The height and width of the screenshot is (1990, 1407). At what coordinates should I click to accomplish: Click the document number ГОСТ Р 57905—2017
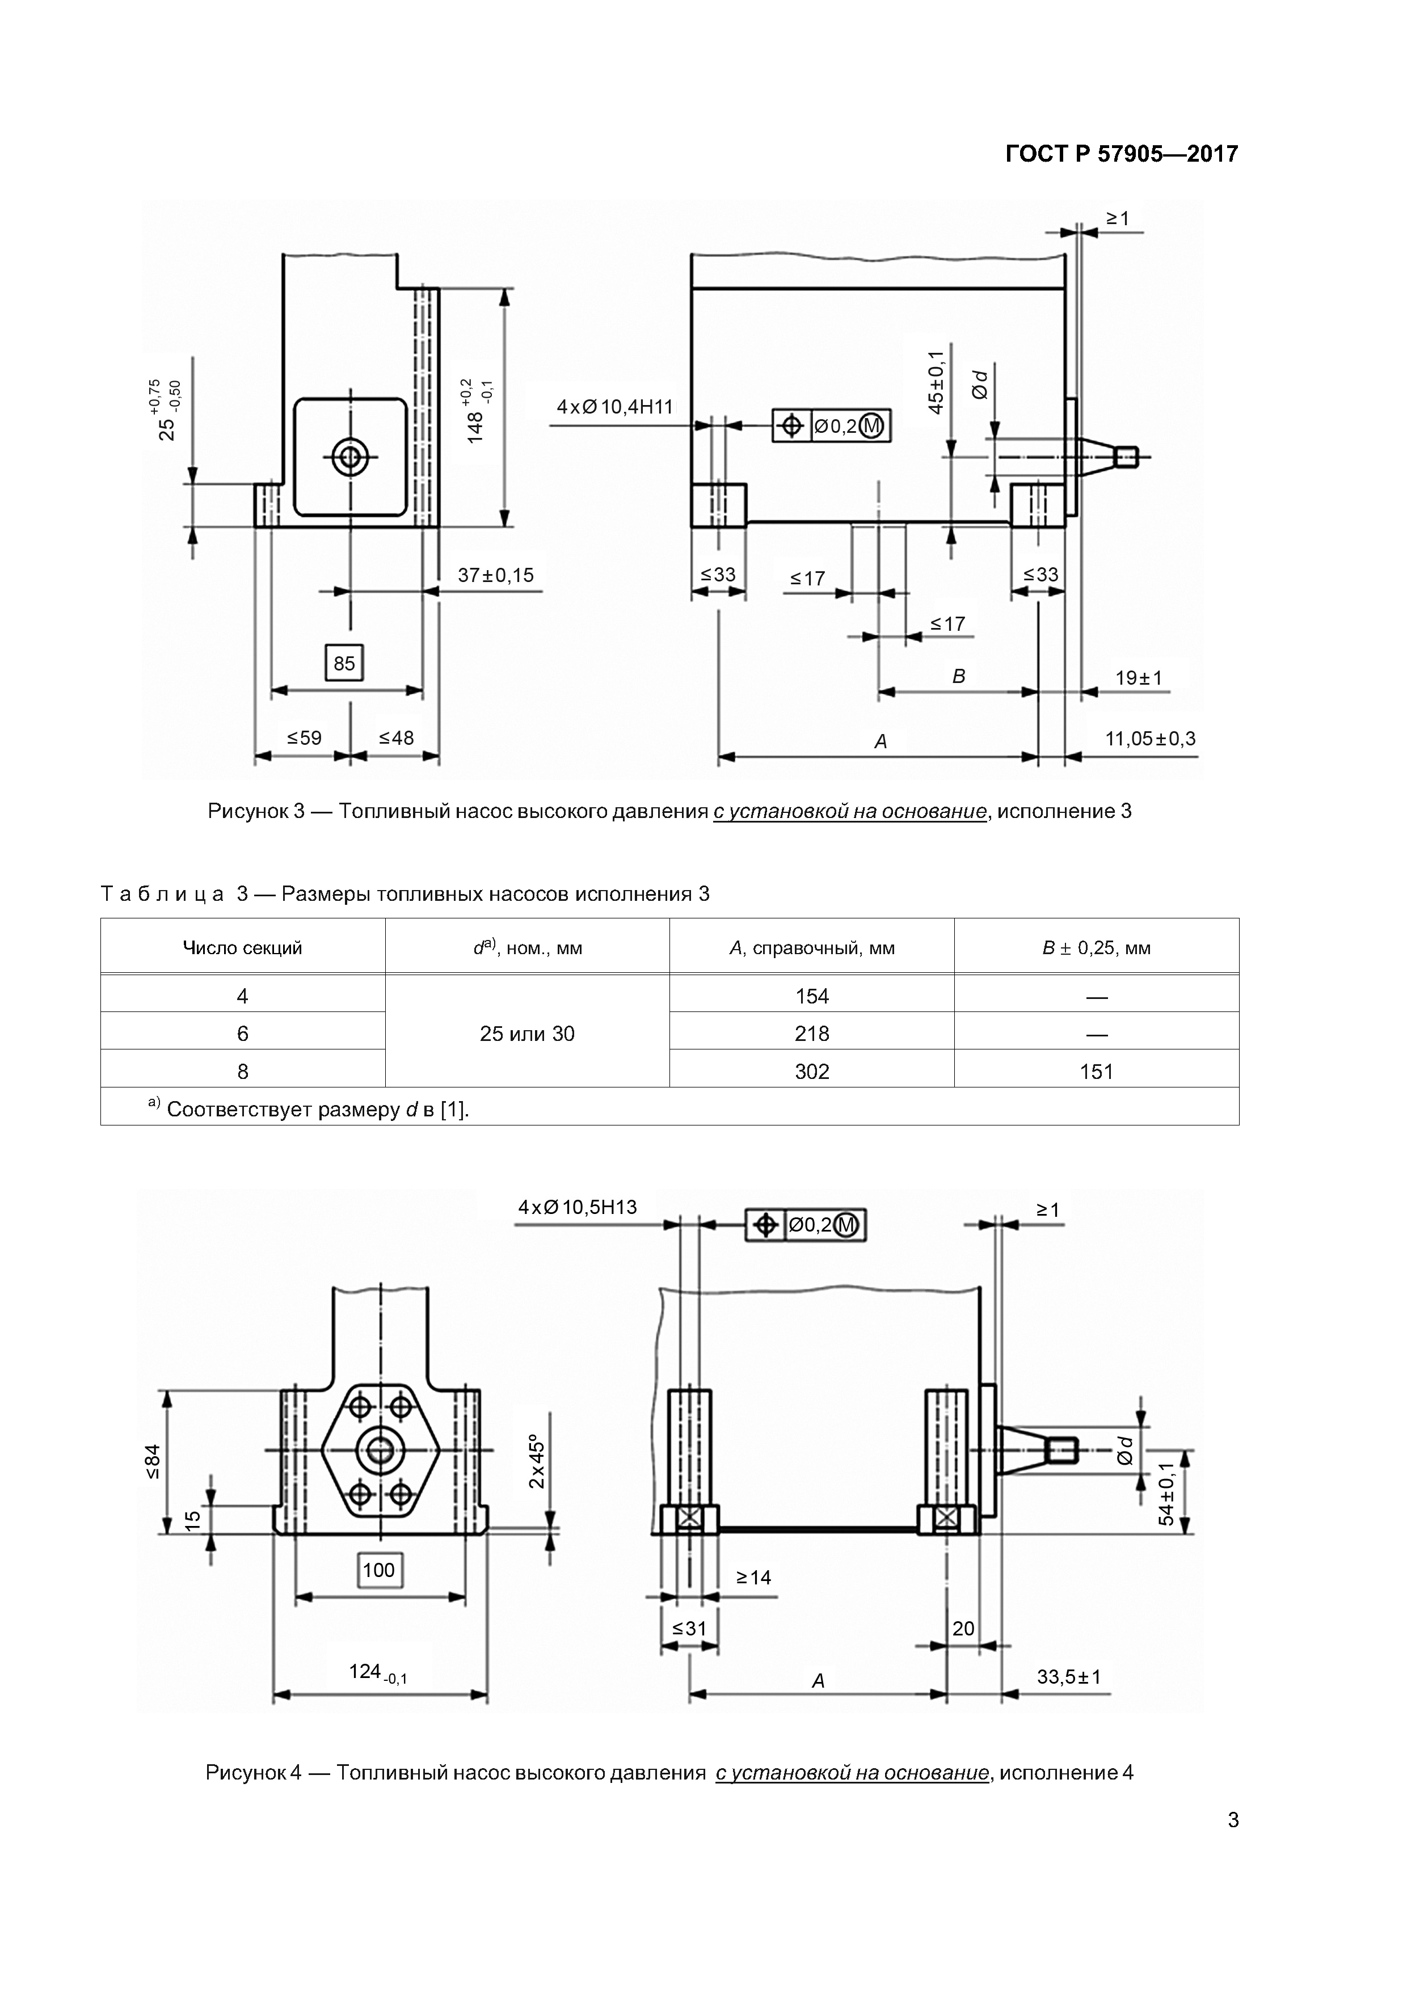[x=1122, y=154]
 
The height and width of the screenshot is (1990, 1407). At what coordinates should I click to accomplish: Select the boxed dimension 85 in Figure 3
[x=344, y=663]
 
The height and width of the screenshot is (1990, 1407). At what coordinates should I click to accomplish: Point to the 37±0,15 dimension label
[x=496, y=575]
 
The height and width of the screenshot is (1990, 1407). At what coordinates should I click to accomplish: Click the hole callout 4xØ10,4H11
[x=614, y=407]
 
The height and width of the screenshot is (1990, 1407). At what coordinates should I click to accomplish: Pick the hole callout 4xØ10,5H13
[x=578, y=1207]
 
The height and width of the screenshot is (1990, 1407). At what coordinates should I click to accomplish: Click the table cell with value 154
[x=812, y=996]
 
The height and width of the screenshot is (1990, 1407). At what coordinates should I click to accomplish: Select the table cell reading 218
[x=812, y=1033]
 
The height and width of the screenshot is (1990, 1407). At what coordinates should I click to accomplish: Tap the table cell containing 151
[x=1097, y=1071]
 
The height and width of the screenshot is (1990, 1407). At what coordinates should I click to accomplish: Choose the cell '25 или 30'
[x=527, y=1033]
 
